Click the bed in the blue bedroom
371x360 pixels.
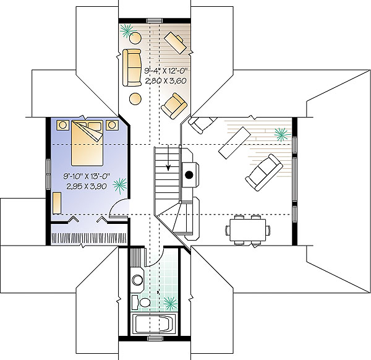(x=87, y=143)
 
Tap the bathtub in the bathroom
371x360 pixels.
(x=154, y=324)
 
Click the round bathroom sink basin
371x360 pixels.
(x=137, y=280)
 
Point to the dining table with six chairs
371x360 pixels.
(x=248, y=229)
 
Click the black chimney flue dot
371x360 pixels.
(x=189, y=175)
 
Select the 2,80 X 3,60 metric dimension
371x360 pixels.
(x=166, y=81)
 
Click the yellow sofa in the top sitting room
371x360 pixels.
(x=132, y=67)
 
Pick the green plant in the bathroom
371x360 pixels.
(x=170, y=303)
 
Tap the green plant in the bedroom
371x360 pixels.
(x=120, y=186)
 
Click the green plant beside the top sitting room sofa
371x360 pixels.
(x=127, y=31)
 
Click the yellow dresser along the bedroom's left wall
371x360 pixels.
(x=57, y=203)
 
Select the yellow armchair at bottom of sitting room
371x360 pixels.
(x=174, y=106)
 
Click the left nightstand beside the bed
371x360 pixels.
(x=62, y=125)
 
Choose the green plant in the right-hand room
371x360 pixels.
(x=283, y=135)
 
